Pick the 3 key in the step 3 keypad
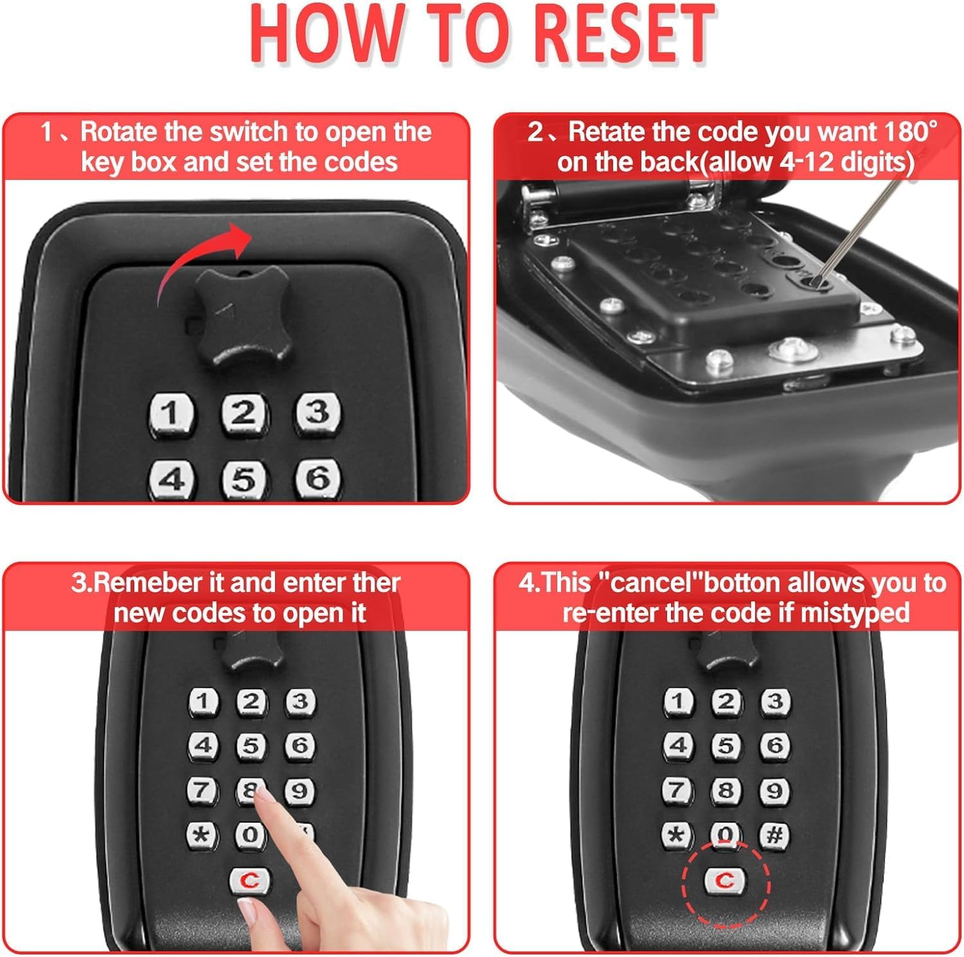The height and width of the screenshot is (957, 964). pos(300,701)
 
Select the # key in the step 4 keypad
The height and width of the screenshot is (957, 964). pos(774,835)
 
